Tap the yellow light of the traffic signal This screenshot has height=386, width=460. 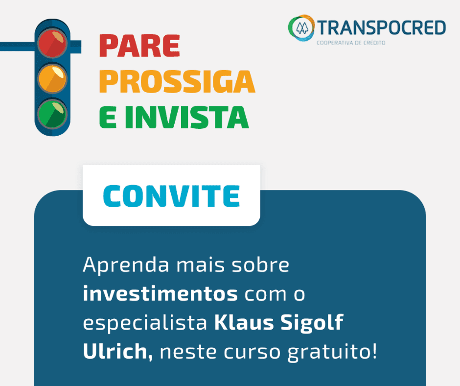pyautogui.click(x=52, y=79)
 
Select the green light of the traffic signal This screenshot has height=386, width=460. pyautogui.click(x=52, y=114)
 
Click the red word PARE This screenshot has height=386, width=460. pyautogui.click(x=139, y=46)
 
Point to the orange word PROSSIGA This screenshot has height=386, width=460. pyautogui.click(x=177, y=81)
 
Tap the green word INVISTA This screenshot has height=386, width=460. pyautogui.click(x=187, y=117)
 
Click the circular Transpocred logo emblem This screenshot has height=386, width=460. pyautogui.click(x=301, y=28)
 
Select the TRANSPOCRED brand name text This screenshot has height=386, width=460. pyautogui.click(x=382, y=27)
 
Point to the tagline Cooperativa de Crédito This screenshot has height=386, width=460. pyautogui.click(x=351, y=43)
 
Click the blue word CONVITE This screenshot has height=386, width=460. pyautogui.click(x=172, y=196)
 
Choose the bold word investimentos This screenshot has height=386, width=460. pyautogui.click(x=160, y=293)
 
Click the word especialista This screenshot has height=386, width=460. pyautogui.click(x=145, y=323)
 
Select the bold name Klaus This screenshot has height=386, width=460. pyautogui.click(x=244, y=322)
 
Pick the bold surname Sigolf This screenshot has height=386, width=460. pyautogui.click(x=312, y=323)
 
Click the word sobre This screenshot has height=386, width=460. pyautogui.click(x=260, y=265)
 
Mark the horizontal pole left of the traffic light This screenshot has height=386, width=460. pyautogui.click(x=17, y=47)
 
